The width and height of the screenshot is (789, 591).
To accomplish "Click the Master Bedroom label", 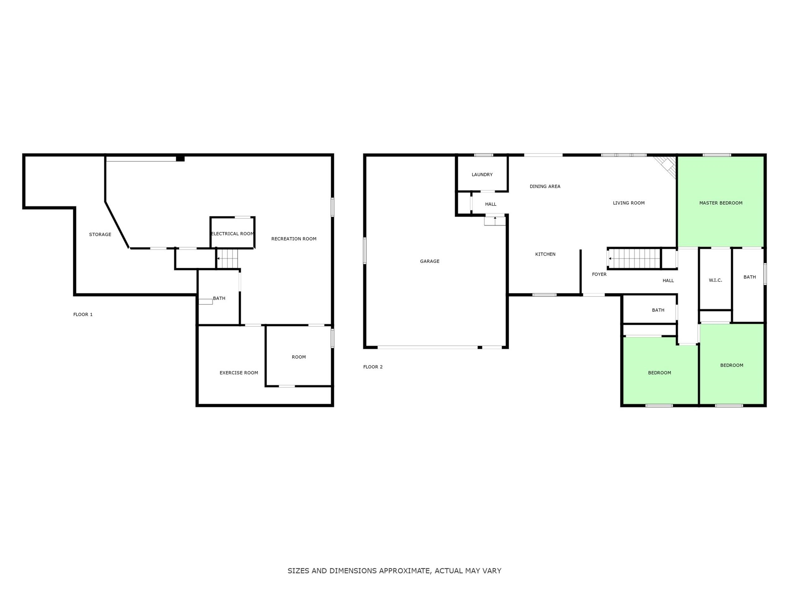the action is click(x=721, y=203).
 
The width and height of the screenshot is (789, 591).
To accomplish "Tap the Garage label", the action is click(x=430, y=261).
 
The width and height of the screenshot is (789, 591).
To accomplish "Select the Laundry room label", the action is click(x=482, y=175).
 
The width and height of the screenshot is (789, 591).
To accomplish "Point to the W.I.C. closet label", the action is click(x=715, y=280).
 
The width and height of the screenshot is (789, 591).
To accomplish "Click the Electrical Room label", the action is click(x=233, y=234).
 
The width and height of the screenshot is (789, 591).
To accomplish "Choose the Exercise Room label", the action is click(x=239, y=373).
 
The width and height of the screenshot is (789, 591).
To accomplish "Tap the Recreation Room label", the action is click(x=294, y=239).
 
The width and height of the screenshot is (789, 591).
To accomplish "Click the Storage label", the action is click(x=100, y=235).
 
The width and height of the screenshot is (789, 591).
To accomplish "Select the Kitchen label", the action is click(x=545, y=254).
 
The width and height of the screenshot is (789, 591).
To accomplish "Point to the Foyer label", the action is click(x=599, y=274).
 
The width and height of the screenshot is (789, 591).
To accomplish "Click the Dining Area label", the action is click(x=545, y=186).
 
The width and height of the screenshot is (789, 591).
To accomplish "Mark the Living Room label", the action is click(x=628, y=203).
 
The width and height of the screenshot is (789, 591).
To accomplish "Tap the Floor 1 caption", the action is click(x=83, y=315).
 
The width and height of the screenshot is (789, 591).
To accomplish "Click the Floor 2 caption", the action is click(x=373, y=367).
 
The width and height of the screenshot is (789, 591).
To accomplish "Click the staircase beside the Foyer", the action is click(x=634, y=259).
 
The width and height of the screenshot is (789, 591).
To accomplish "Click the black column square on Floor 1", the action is click(x=180, y=159).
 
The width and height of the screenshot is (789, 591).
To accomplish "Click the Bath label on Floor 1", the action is click(x=219, y=298).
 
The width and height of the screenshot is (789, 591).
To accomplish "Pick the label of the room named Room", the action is click(x=299, y=357).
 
